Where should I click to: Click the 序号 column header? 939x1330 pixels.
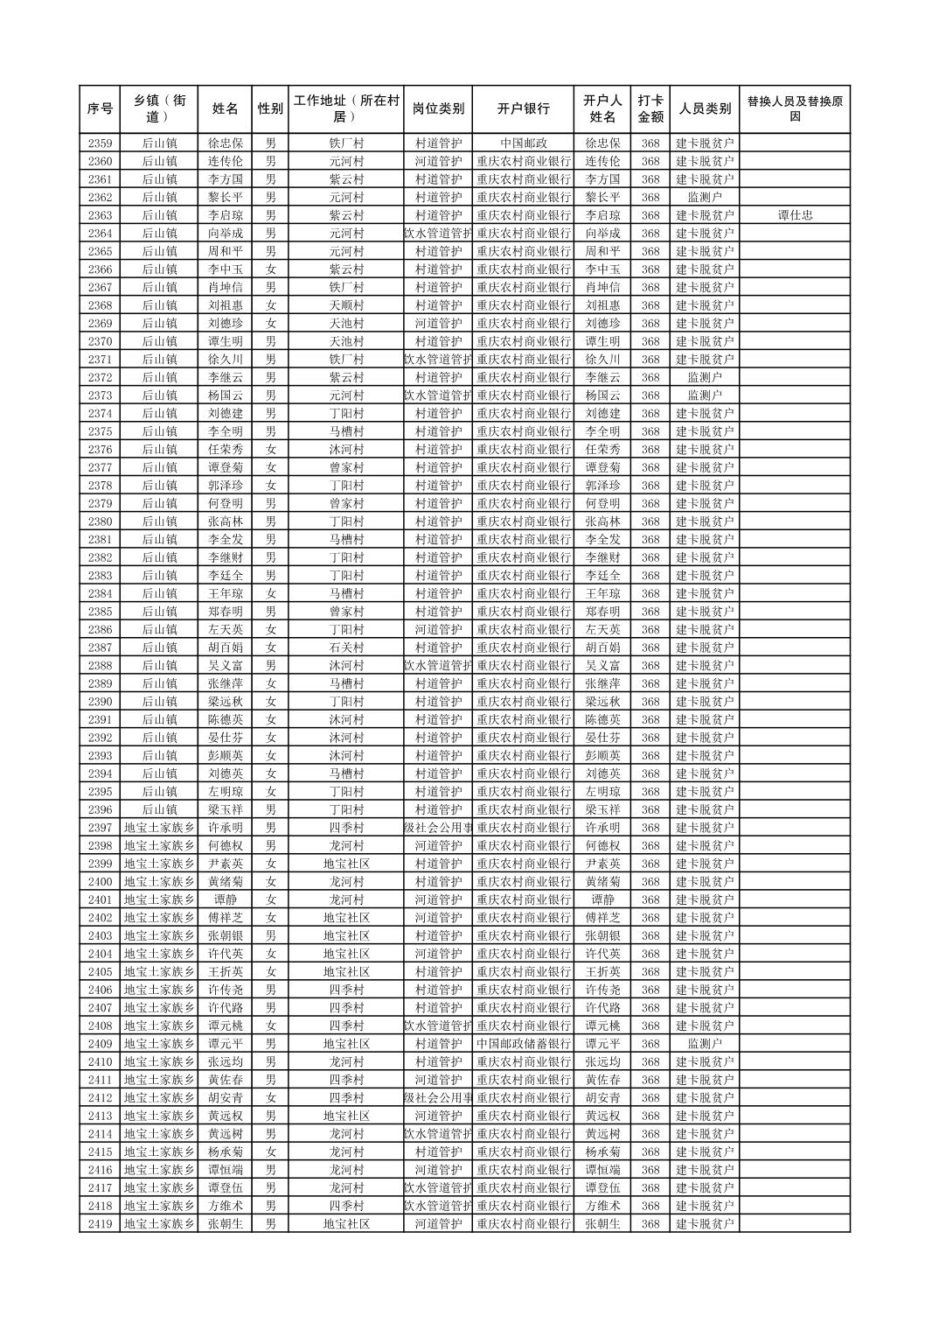coord(100,109)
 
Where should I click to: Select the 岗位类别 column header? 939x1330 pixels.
coord(438,109)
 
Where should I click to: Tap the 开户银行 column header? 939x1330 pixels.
coord(524,109)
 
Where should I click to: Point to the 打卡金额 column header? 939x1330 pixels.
coord(650,109)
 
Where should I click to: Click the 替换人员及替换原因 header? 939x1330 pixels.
coord(794,109)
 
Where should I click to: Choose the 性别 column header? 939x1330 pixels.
coord(270,109)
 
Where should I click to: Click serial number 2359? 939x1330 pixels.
coord(100,143)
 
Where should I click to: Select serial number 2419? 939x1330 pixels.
coord(100,1224)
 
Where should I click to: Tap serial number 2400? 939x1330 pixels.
coord(100,882)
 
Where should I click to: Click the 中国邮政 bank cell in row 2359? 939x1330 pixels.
coord(524,143)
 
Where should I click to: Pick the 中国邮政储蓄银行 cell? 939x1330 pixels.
coord(524,1044)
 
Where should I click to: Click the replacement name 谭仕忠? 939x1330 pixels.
coord(794,215)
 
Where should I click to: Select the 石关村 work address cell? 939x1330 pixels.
coord(346,647)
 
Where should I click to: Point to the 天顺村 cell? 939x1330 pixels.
coord(346,305)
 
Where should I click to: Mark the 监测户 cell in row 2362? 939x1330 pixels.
coord(705,198)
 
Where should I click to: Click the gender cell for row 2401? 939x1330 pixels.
coord(270,899)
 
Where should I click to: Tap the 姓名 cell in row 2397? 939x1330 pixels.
coord(225,828)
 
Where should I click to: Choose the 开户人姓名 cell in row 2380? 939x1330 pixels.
coord(602,521)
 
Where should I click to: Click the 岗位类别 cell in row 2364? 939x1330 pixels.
coord(438,234)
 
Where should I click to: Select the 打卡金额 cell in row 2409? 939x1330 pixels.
coord(650,1044)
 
